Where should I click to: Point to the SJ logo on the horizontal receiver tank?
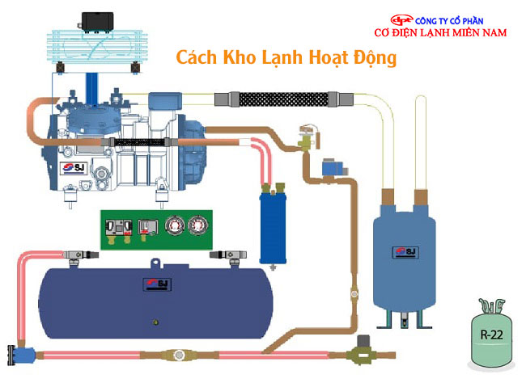151,282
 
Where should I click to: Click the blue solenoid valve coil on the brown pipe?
331,170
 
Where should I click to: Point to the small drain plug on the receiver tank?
154,323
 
